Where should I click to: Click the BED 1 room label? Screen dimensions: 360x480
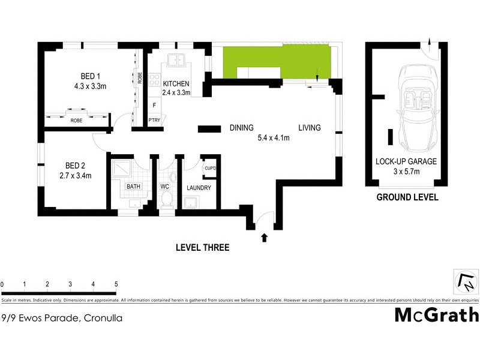pyautogui.click(x=93, y=76)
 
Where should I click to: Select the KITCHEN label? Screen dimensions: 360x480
pyautogui.click(x=176, y=83)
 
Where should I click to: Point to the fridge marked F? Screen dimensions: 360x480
pyautogui.click(x=154, y=106)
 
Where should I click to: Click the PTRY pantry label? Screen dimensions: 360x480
pyautogui.click(x=154, y=120)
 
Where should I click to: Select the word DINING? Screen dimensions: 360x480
pyautogui.click(x=242, y=128)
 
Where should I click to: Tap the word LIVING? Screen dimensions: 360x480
pyautogui.click(x=310, y=128)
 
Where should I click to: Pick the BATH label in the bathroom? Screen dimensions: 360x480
pyautogui.click(x=133, y=187)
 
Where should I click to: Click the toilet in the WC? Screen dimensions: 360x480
pyautogui.click(x=167, y=198)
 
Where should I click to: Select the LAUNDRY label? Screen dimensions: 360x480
pyautogui.click(x=199, y=188)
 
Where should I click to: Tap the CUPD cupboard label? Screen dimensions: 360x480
pyautogui.click(x=209, y=169)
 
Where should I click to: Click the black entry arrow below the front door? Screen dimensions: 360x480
pyautogui.click(x=264, y=238)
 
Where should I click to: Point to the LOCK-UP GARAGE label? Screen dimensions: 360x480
pyautogui.click(x=406, y=161)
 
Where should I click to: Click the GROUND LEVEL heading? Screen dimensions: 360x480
pyautogui.click(x=407, y=197)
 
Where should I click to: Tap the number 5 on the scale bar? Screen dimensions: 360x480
pyautogui.click(x=116, y=284)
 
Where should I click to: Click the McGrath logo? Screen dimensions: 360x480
pyautogui.click(x=436, y=314)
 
